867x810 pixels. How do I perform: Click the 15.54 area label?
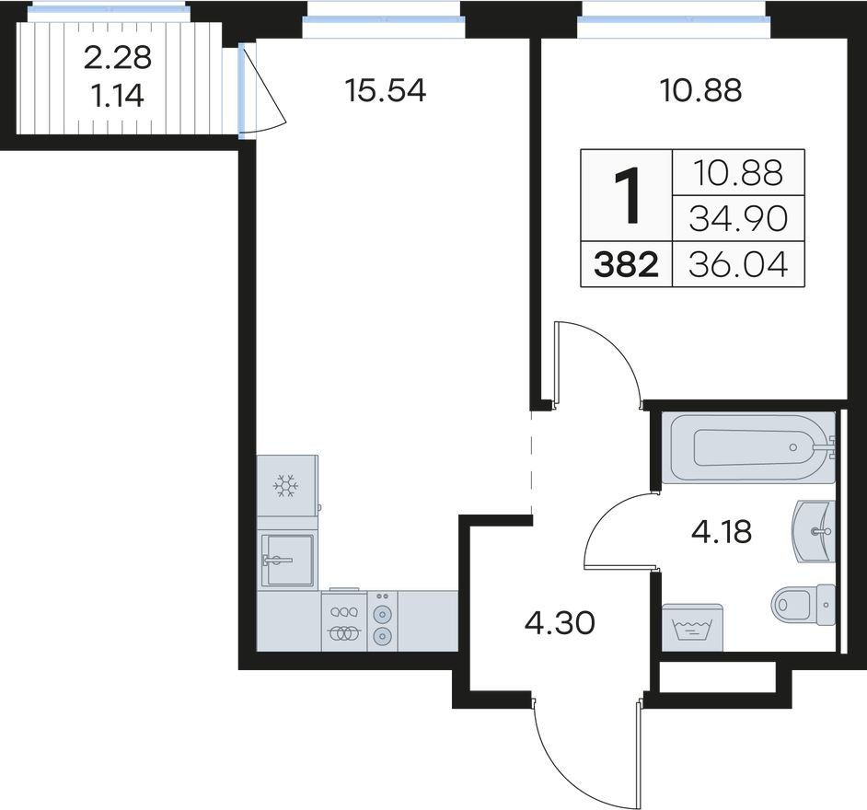[x=385, y=91]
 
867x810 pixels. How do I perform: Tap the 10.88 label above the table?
[x=701, y=91]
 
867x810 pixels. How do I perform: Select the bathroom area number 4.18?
[x=722, y=532]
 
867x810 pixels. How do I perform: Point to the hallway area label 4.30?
[x=560, y=623]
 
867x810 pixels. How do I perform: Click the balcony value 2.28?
[x=118, y=57]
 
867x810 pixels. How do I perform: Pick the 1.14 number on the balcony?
[x=117, y=97]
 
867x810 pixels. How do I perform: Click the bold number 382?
[x=626, y=264]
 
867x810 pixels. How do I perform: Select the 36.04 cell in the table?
[x=738, y=264]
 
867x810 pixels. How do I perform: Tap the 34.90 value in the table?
[x=738, y=218]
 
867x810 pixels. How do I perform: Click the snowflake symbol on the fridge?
[x=286, y=485]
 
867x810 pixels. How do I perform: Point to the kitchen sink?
[x=287, y=560]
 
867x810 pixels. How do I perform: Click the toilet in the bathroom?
[x=803, y=605]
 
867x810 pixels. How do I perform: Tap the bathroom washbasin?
[x=814, y=532]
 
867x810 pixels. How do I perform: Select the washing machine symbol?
[x=692, y=628]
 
